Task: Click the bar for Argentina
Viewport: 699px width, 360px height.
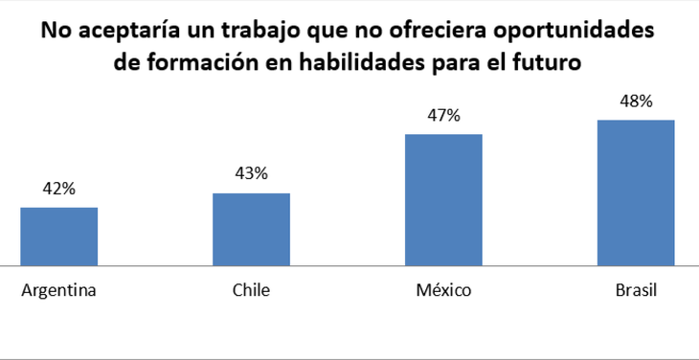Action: tap(58, 236)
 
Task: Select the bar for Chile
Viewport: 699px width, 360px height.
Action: tap(251, 229)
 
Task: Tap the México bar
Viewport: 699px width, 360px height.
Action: tap(443, 199)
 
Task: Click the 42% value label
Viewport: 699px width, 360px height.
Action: tap(58, 189)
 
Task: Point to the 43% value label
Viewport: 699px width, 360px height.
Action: tap(251, 174)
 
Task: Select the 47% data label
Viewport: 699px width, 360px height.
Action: tap(443, 116)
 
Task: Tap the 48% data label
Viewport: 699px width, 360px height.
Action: tap(636, 101)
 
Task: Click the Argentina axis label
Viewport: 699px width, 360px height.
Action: tap(58, 291)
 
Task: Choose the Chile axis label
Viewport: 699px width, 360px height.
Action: tap(251, 291)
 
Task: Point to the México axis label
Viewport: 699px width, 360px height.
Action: tap(443, 291)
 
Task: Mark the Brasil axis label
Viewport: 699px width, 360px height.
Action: tap(636, 291)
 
